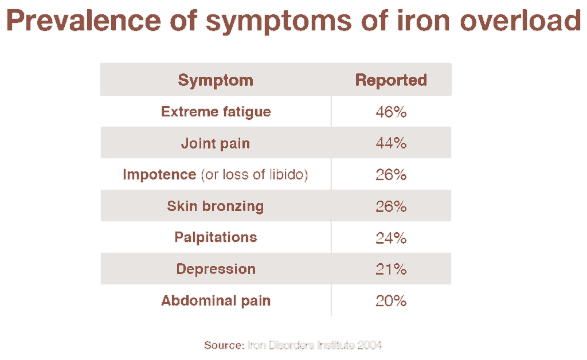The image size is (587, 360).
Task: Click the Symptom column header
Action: pos(216,80)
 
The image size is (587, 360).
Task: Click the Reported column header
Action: pos(391,80)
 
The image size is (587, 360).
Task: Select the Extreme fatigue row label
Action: pos(216,111)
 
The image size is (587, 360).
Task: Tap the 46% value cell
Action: pos(391,112)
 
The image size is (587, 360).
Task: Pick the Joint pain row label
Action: pos(216,143)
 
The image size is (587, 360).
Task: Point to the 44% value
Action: pos(391,143)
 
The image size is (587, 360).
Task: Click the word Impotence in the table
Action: pos(159,174)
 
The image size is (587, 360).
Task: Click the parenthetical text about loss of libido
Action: pos(254,174)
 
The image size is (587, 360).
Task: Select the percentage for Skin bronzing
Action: pos(391,206)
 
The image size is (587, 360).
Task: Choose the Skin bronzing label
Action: pos(216,206)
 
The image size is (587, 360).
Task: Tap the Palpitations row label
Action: pos(216,237)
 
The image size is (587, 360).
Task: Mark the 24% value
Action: pos(391,238)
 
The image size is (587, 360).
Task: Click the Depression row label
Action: pos(216,269)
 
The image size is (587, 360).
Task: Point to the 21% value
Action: pos(391,269)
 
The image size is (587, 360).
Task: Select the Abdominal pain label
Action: pos(216,300)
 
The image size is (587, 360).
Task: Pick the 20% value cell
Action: pos(391,301)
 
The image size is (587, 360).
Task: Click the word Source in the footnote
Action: pos(224,345)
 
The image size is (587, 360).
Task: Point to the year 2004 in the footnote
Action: pos(369,345)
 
